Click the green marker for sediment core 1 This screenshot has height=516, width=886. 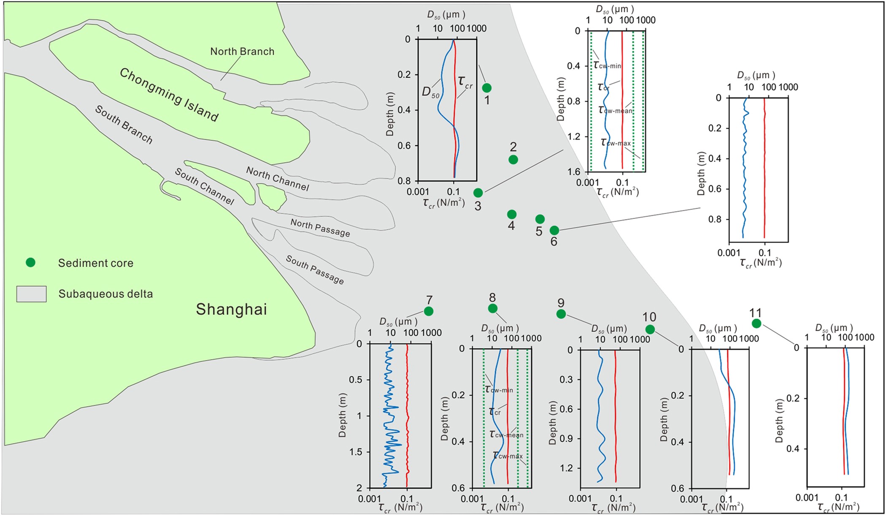pos(486,88)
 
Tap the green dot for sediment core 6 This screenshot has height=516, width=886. pos(554,230)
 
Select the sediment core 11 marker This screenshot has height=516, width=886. pos(756,323)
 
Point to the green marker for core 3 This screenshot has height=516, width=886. pos(478,193)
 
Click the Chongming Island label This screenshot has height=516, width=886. pos(169,95)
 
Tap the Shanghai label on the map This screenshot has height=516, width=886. pos(231,310)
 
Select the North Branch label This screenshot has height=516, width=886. pos(242,52)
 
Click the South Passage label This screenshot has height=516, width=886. pos(314,270)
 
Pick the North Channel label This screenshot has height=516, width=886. pos(277,179)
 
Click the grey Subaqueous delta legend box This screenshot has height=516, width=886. pos(31,294)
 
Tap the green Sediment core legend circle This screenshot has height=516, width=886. pos(30,263)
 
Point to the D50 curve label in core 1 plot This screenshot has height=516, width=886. pos(431,92)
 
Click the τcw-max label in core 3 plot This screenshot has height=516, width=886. pos(616,143)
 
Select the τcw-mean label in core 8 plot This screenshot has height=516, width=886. pos(506,434)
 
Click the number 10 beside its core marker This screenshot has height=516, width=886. pos(649,317)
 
